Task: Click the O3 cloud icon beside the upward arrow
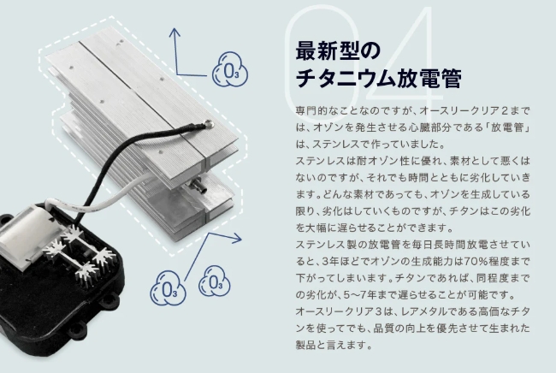point(230,69)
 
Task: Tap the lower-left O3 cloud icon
point(168,288)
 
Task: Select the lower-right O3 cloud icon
point(214,281)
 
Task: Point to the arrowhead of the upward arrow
point(174,33)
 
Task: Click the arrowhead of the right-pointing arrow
point(237,239)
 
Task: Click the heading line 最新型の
point(337,50)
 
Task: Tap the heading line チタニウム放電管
point(378,78)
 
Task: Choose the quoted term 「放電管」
point(507,127)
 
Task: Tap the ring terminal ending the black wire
point(209,124)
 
